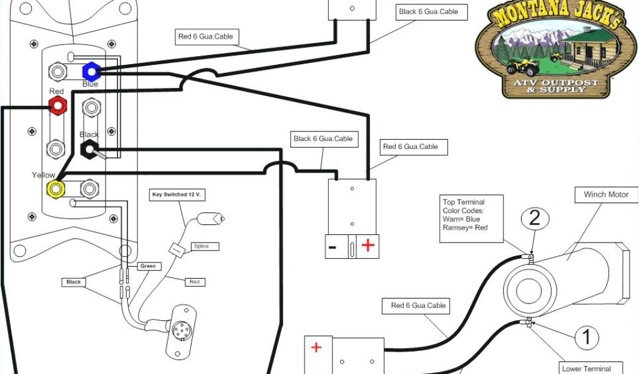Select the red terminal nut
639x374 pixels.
click(57, 105)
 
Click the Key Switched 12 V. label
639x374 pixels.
click(178, 194)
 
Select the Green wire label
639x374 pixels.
click(148, 266)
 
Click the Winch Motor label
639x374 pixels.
click(606, 194)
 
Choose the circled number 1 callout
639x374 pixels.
click(586, 337)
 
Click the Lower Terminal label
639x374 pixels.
click(585, 368)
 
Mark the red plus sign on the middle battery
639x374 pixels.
click(368, 246)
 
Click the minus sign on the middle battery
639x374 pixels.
click(333, 247)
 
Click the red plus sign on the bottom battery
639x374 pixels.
click(316, 347)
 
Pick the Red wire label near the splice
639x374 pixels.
click(195, 282)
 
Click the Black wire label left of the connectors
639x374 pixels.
click(74, 282)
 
